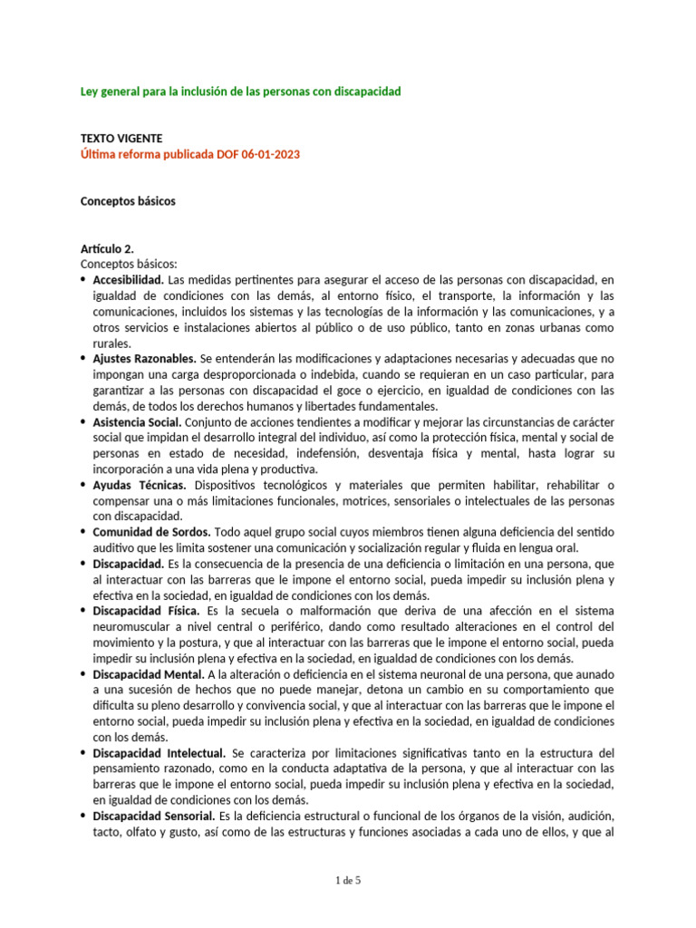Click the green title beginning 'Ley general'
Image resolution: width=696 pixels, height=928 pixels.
[241, 92]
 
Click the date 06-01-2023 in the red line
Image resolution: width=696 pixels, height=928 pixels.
[270, 154]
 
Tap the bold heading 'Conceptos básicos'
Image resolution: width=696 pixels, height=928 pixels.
[128, 201]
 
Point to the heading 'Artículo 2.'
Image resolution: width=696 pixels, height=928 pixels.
[109, 247]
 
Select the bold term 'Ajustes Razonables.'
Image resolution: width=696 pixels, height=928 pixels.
[144, 359]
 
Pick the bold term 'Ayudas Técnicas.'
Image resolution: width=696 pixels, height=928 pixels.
[140, 486]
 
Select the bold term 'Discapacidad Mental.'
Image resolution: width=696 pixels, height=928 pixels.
[148, 675]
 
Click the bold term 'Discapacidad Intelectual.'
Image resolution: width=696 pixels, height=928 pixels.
[159, 754]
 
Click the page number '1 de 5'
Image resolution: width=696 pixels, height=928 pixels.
[347, 879]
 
